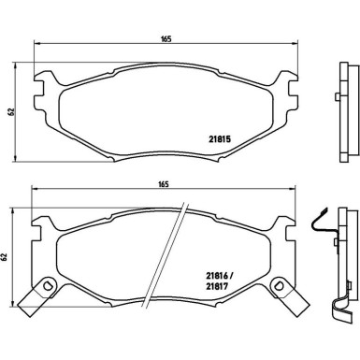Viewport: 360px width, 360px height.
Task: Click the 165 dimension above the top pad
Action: [x=166, y=39]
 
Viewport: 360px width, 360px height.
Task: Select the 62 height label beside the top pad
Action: [x=11, y=112]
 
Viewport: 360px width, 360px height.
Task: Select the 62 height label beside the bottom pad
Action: [x=4, y=257]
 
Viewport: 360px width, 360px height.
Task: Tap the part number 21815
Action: [x=219, y=139]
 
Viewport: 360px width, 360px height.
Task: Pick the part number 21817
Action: [x=217, y=285]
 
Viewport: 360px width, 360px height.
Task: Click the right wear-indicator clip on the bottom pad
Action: [x=290, y=296]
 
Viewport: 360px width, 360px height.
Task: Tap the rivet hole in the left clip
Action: [x=48, y=285]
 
